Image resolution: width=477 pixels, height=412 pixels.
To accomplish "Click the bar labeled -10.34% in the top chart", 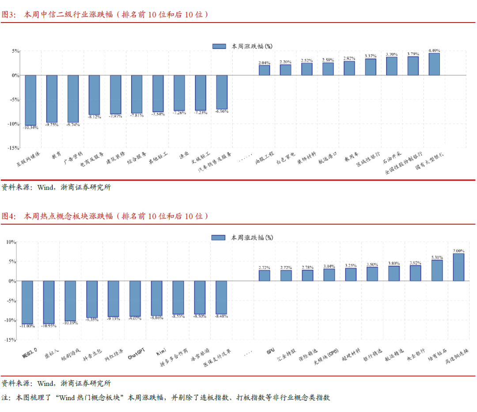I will (30, 100).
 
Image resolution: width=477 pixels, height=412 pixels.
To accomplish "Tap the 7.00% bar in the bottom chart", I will (458, 267).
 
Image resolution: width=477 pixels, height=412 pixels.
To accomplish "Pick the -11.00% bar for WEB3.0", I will (27, 302).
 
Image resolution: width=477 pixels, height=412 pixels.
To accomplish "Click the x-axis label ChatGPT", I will (136, 354).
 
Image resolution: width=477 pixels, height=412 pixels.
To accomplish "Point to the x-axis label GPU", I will (270, 352).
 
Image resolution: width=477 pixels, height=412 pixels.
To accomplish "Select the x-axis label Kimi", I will (160, 352).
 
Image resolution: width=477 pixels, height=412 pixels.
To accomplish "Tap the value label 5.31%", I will (437, 257).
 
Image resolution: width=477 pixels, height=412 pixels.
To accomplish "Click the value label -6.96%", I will (222, 111).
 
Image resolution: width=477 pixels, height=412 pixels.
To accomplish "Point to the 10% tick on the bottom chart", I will (10, 242).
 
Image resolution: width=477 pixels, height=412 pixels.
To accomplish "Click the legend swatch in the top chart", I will (219, 46).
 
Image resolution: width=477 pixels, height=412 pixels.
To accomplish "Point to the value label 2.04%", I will (264, 63).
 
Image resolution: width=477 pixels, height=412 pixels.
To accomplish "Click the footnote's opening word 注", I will (5, 397).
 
